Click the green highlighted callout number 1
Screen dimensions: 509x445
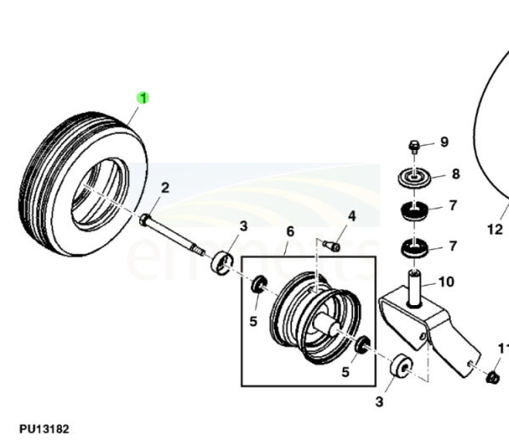[x=143, y=98]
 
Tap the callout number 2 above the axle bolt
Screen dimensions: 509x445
[x=165, y=188]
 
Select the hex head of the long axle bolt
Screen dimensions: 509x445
[x=144, y=220]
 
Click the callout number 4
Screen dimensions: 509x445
[x=352, y=216]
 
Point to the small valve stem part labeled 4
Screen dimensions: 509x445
[x=333, y=246]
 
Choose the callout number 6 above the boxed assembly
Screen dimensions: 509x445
[x=290, y=231]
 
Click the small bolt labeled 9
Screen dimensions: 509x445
[x=414, y=147]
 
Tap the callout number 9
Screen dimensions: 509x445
[x=445, y=142]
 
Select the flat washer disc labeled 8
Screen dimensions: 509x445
[x=415, y=178]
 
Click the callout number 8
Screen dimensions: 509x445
[x=456, y=174]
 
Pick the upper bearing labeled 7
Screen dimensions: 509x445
[x=414, y=211]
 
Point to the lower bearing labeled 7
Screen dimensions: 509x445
[x=415, y=248]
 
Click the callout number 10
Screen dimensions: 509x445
[x=446, y=282]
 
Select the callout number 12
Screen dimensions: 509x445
[x=495, y=230]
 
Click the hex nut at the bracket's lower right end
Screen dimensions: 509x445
[x=492, y=377]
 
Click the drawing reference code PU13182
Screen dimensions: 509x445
[x=44, y=429]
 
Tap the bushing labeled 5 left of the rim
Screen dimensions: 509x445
[x=259, y=284]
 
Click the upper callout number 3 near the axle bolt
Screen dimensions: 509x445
[x=243, y=226]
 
